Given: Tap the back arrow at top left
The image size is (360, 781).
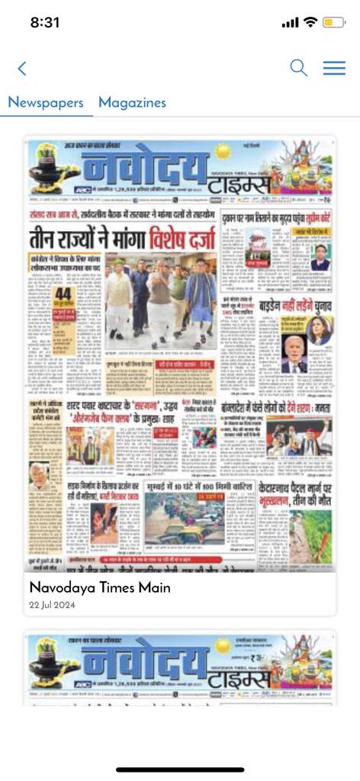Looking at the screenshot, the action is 22,69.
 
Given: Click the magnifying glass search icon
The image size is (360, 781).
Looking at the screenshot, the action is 299,68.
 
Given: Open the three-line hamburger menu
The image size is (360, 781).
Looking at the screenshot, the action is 334,68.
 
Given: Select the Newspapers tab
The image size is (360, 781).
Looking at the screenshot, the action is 46,102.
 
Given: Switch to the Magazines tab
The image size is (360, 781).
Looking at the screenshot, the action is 132,102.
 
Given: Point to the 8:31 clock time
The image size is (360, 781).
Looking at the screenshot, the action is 45,22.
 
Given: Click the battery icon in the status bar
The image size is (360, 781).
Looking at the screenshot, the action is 334,22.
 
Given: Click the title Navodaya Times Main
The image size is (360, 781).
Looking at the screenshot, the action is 99,588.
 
